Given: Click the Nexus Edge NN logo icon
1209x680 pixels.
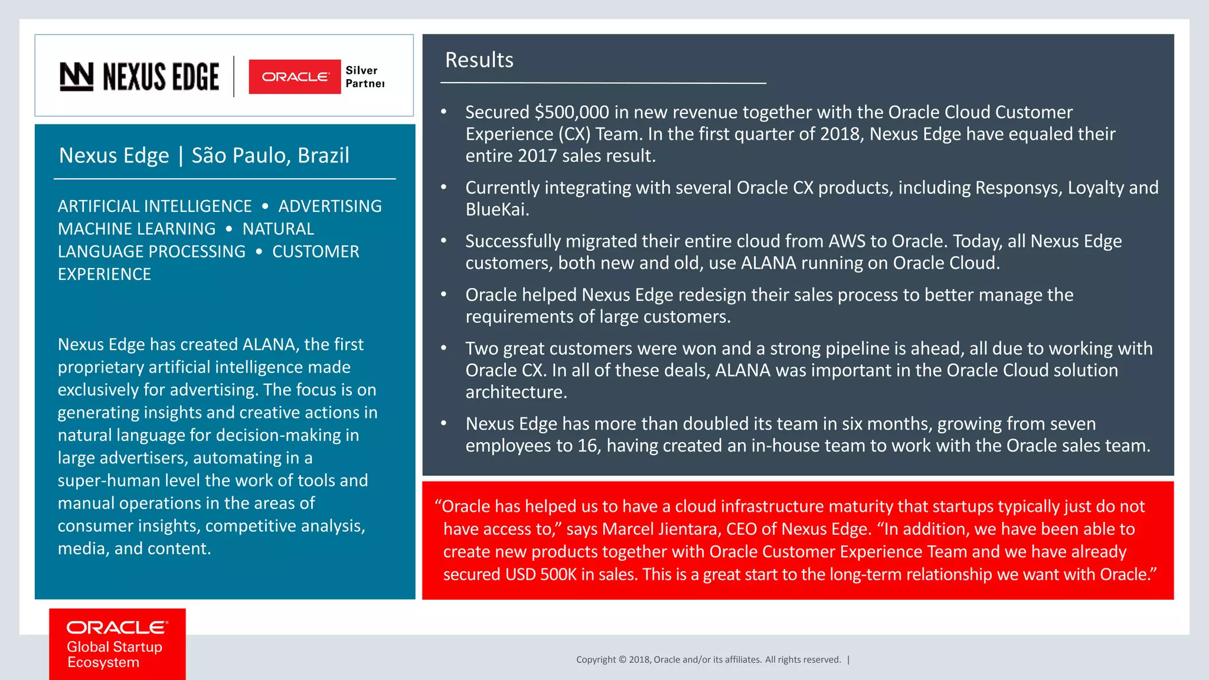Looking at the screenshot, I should [76, 77].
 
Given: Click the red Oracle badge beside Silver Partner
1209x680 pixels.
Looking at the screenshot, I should [295, 77].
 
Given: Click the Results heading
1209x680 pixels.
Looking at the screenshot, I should [479, 60].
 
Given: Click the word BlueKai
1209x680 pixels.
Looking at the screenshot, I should [496, 210].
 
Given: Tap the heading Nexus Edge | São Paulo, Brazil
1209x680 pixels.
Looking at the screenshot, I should [204, 155].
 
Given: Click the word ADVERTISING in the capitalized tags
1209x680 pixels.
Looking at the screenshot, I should [330, 206].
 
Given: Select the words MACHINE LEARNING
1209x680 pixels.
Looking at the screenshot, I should [136, 229].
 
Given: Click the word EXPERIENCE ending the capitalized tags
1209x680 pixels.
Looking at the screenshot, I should [104, 274].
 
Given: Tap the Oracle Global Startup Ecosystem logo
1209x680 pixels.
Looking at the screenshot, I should [117, 644].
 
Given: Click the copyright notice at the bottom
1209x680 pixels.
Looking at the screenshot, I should [708, 660].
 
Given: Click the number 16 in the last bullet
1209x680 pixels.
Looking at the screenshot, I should [587, 446].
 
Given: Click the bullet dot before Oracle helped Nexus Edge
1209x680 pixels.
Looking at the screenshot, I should [444, 295].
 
